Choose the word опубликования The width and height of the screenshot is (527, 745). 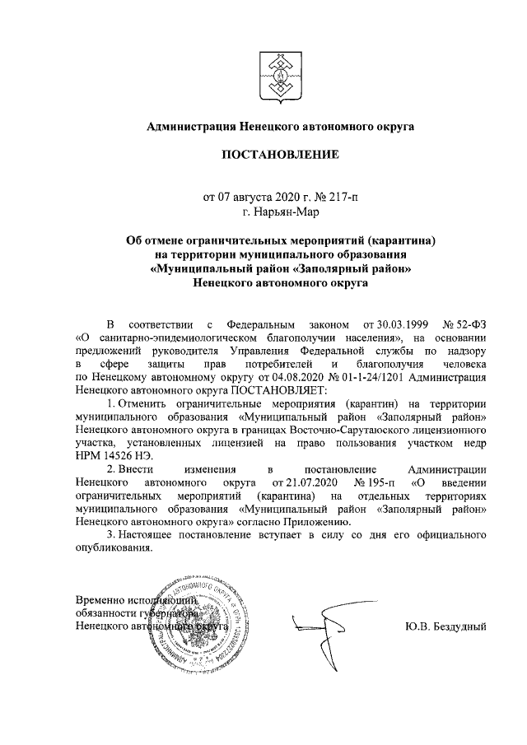[113, 548]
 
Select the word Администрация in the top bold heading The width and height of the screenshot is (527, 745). [189, 126]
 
